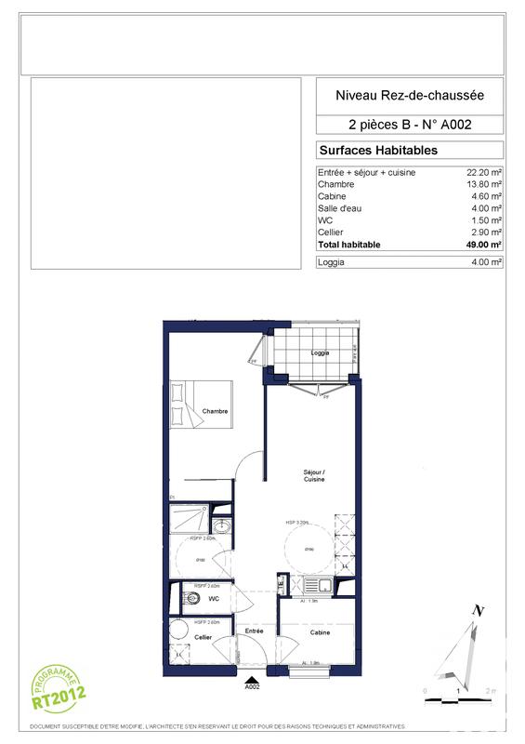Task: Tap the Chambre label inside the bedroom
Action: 216,411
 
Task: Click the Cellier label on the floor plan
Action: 203,637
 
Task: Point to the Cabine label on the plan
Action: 321,632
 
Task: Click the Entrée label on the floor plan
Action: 255,631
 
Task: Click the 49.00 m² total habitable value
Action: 483,245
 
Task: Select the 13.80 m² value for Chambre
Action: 483,184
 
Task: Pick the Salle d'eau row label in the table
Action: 340,208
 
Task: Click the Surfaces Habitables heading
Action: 378,150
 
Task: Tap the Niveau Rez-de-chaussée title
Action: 410,94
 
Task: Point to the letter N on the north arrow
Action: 479,610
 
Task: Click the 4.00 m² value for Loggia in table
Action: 486,263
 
